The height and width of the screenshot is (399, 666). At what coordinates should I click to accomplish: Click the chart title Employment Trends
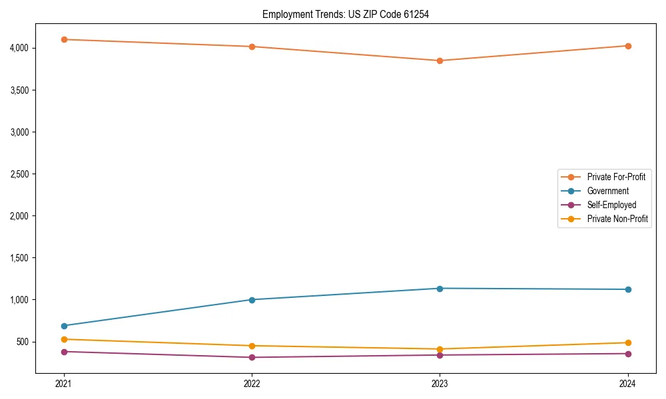click(345, 14)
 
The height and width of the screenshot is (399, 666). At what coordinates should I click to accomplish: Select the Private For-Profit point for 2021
click(64, 39)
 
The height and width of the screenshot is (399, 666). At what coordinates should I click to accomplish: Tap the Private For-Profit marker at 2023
click(440, 61)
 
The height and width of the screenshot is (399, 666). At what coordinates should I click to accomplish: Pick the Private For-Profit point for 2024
click(628, 46)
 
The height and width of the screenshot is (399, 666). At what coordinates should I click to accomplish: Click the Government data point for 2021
click(64, 326)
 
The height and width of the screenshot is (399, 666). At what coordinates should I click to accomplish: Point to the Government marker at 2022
click(252, 300)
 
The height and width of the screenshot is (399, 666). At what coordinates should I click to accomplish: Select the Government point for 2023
click(440, 289)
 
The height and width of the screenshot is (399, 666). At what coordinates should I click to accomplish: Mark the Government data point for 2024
click(628, 289)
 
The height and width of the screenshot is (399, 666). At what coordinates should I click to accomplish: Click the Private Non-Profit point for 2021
click(64, 339)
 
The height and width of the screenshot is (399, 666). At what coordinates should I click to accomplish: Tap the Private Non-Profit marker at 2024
click(628, 342)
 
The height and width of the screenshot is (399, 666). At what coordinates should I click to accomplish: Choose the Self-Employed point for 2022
click(252, 357)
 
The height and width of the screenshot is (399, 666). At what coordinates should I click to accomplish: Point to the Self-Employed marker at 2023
click(440, 355)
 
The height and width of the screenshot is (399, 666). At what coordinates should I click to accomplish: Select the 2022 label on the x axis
click(252, 383)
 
